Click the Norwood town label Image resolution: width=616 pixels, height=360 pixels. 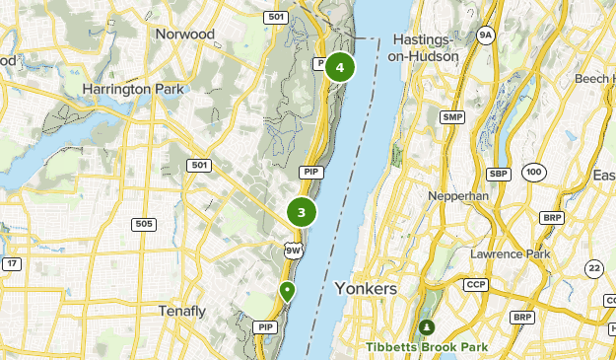[x=184, y=34]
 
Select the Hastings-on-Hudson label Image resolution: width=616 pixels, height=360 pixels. [x=426, y=48]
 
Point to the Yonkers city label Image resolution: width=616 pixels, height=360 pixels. [x=365, y=289]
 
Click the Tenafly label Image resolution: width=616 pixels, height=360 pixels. [x=182, y=311]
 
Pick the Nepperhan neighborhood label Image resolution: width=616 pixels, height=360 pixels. [x=459, y=195]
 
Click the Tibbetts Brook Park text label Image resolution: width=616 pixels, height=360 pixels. [x=426, y=347]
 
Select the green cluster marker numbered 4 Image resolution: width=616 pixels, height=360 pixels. [x=340, y=67]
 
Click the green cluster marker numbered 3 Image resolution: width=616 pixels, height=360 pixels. [x=302, y=212]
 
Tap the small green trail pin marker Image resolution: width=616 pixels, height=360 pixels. [x=287, y=291]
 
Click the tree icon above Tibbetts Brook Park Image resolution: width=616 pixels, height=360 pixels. [x=427, y=326]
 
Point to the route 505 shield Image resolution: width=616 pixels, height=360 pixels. [x=144, y=224]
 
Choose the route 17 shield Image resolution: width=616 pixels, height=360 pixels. [x=12, y=263]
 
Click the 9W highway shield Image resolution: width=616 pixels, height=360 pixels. [x=293, y=251]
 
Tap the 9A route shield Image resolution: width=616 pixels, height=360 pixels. [x=485, y=36]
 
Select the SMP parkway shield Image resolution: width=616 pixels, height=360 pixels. [x=452, y=118]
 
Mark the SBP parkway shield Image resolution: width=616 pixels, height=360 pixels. [x=500, y=175]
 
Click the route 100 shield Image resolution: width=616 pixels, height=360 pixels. [x=533, y=173]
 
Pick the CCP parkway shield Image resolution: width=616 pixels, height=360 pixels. [x=477, y=285]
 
